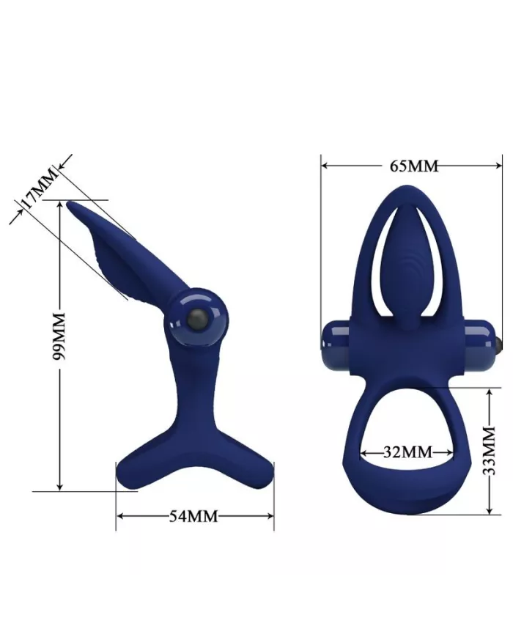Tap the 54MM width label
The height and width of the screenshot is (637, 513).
click(194, 516)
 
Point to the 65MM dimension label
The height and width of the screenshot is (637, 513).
click(413, 166)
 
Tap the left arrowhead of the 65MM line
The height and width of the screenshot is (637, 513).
click(325, 166)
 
